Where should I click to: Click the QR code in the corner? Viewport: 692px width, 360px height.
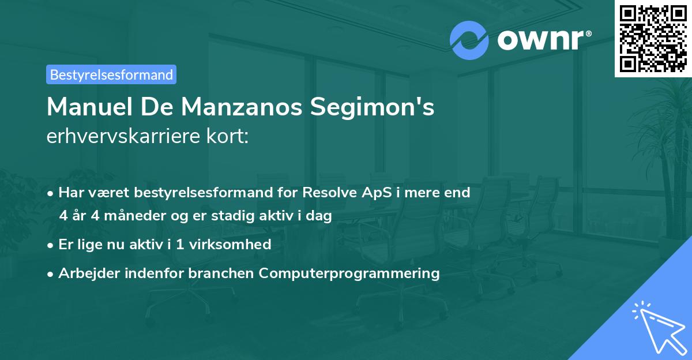click(x=653, y=39)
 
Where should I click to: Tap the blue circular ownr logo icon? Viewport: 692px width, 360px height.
click(x=469, y=40)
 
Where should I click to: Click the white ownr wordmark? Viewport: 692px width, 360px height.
click(x=540, y=40)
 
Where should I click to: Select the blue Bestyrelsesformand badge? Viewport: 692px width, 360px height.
click(x=111, y=74)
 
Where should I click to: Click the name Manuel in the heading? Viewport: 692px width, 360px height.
click(x=89, y=107)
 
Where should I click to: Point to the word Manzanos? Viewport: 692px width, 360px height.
click(x=242, y=107)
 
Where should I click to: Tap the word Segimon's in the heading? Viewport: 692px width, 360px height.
click(x=373, y=107)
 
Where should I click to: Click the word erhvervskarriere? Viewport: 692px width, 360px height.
click(x=123, y=136)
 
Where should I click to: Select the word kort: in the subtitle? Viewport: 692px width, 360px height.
click(x=227, y=136)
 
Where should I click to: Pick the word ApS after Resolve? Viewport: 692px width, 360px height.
click(x=377, y=193)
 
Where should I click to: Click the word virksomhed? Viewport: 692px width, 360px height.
click(x=230, y=244)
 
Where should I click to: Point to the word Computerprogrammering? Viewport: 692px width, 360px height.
click(x=349, y=273)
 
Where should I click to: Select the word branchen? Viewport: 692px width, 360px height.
click(x=221, y=273)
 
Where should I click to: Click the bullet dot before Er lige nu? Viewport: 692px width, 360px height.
click(x=50, y=246)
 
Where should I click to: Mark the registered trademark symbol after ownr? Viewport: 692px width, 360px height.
click(x=588, y=33)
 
